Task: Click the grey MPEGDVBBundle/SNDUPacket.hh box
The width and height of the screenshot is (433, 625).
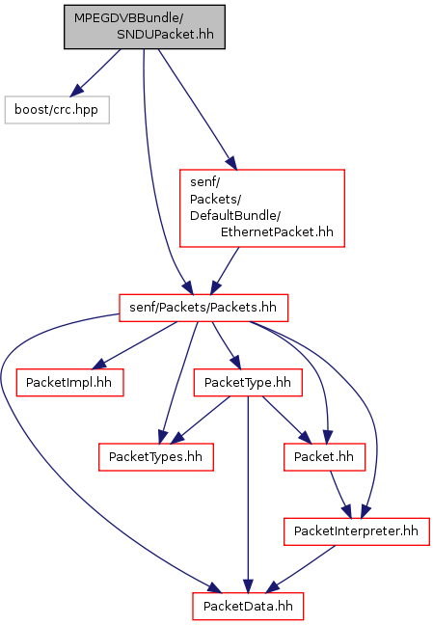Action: coord(145,27)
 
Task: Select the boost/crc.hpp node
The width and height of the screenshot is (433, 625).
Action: coord(57,110)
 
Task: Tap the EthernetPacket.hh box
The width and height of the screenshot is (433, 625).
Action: coord(262,208)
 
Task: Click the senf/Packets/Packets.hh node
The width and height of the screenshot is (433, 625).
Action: coord(203,308)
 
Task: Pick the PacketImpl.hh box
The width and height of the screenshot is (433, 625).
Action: coord(69,383)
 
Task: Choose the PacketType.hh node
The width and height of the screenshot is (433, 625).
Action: coord(248,383)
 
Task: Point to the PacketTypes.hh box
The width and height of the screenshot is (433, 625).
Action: coord(156,457)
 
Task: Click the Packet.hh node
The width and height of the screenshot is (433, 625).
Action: coord(324,457)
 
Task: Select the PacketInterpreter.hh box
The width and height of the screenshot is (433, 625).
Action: coord(357,531)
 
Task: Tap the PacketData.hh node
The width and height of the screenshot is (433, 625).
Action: coord(248,607)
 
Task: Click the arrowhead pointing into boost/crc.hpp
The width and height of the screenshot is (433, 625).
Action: coord(76,90)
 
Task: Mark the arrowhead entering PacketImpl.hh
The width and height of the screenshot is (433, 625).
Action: coord(98,364)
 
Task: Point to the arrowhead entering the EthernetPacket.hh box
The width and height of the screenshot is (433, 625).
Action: coord(231,163)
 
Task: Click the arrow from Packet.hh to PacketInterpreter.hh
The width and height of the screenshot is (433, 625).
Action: coord(340,494)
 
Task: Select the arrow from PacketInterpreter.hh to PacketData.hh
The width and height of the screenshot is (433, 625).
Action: coord(301,569)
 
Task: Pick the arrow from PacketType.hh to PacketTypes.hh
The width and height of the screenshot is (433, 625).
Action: coord(201,420)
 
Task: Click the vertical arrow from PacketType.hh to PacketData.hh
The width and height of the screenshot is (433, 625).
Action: coord(248,494)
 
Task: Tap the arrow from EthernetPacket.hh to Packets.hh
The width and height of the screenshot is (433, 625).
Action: coord(225,271)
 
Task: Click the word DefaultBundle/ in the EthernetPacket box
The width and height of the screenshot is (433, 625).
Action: coord(235,216)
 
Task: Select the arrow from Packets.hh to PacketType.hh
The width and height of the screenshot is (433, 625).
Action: coord(227,345)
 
